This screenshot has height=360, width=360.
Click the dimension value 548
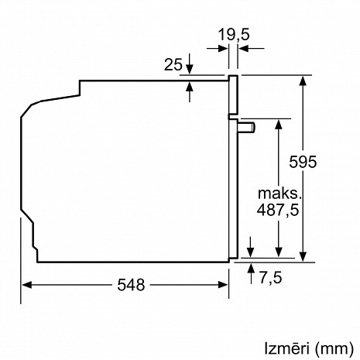click(132, 285)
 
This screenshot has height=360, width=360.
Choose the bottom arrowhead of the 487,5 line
click(277, 254)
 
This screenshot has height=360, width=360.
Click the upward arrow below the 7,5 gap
click(252, 269)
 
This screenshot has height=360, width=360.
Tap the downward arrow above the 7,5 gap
click(252, 249)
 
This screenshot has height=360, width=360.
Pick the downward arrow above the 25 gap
click(190, 70)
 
